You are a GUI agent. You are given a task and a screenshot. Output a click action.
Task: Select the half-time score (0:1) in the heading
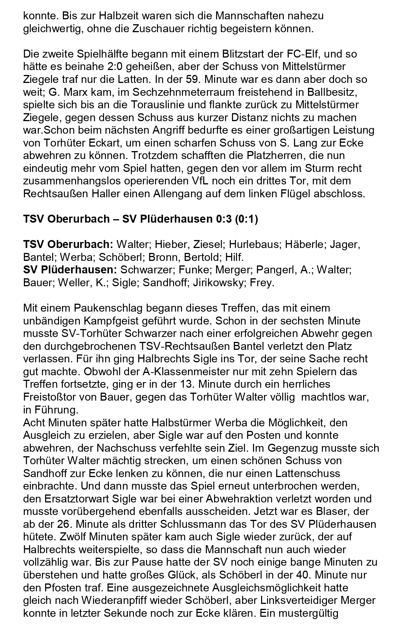(246, 219)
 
